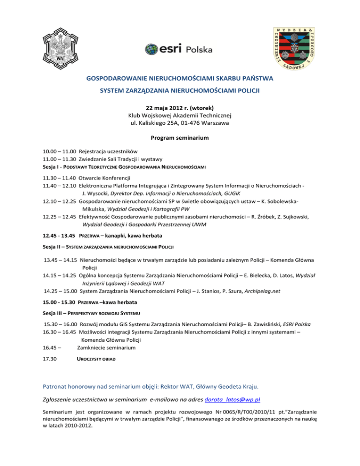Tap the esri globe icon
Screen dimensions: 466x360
coord(152,48)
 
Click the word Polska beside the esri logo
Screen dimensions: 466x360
coord(199,50)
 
